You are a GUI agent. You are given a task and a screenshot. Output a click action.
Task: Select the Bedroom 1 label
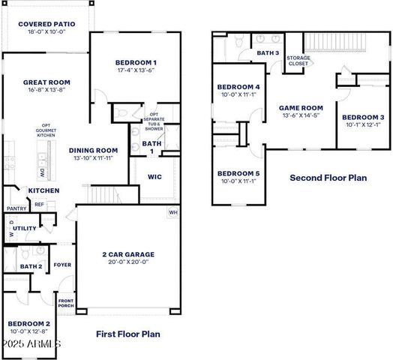[136, 62]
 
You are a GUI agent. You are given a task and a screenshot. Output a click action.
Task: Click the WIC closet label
[155, 177]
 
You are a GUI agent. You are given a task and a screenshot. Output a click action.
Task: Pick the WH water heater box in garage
[173, 212]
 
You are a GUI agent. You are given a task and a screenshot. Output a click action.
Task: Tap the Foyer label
[62, 264]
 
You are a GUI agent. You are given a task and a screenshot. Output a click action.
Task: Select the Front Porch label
[66, 304]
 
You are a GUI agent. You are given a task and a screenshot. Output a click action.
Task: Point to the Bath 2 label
[31, 266]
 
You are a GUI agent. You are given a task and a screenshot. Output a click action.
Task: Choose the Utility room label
[24, 228]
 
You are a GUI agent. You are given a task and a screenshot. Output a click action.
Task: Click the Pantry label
[16, 208]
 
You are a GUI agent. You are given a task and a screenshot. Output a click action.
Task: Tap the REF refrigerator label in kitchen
[38, 204]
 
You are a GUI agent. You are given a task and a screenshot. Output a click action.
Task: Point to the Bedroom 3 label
[363, 117]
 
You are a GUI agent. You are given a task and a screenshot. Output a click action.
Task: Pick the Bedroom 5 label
[238, 173]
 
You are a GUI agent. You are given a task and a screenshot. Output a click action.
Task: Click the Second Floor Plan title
[328, 178]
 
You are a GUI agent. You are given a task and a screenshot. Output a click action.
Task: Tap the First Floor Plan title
[128, 334]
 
